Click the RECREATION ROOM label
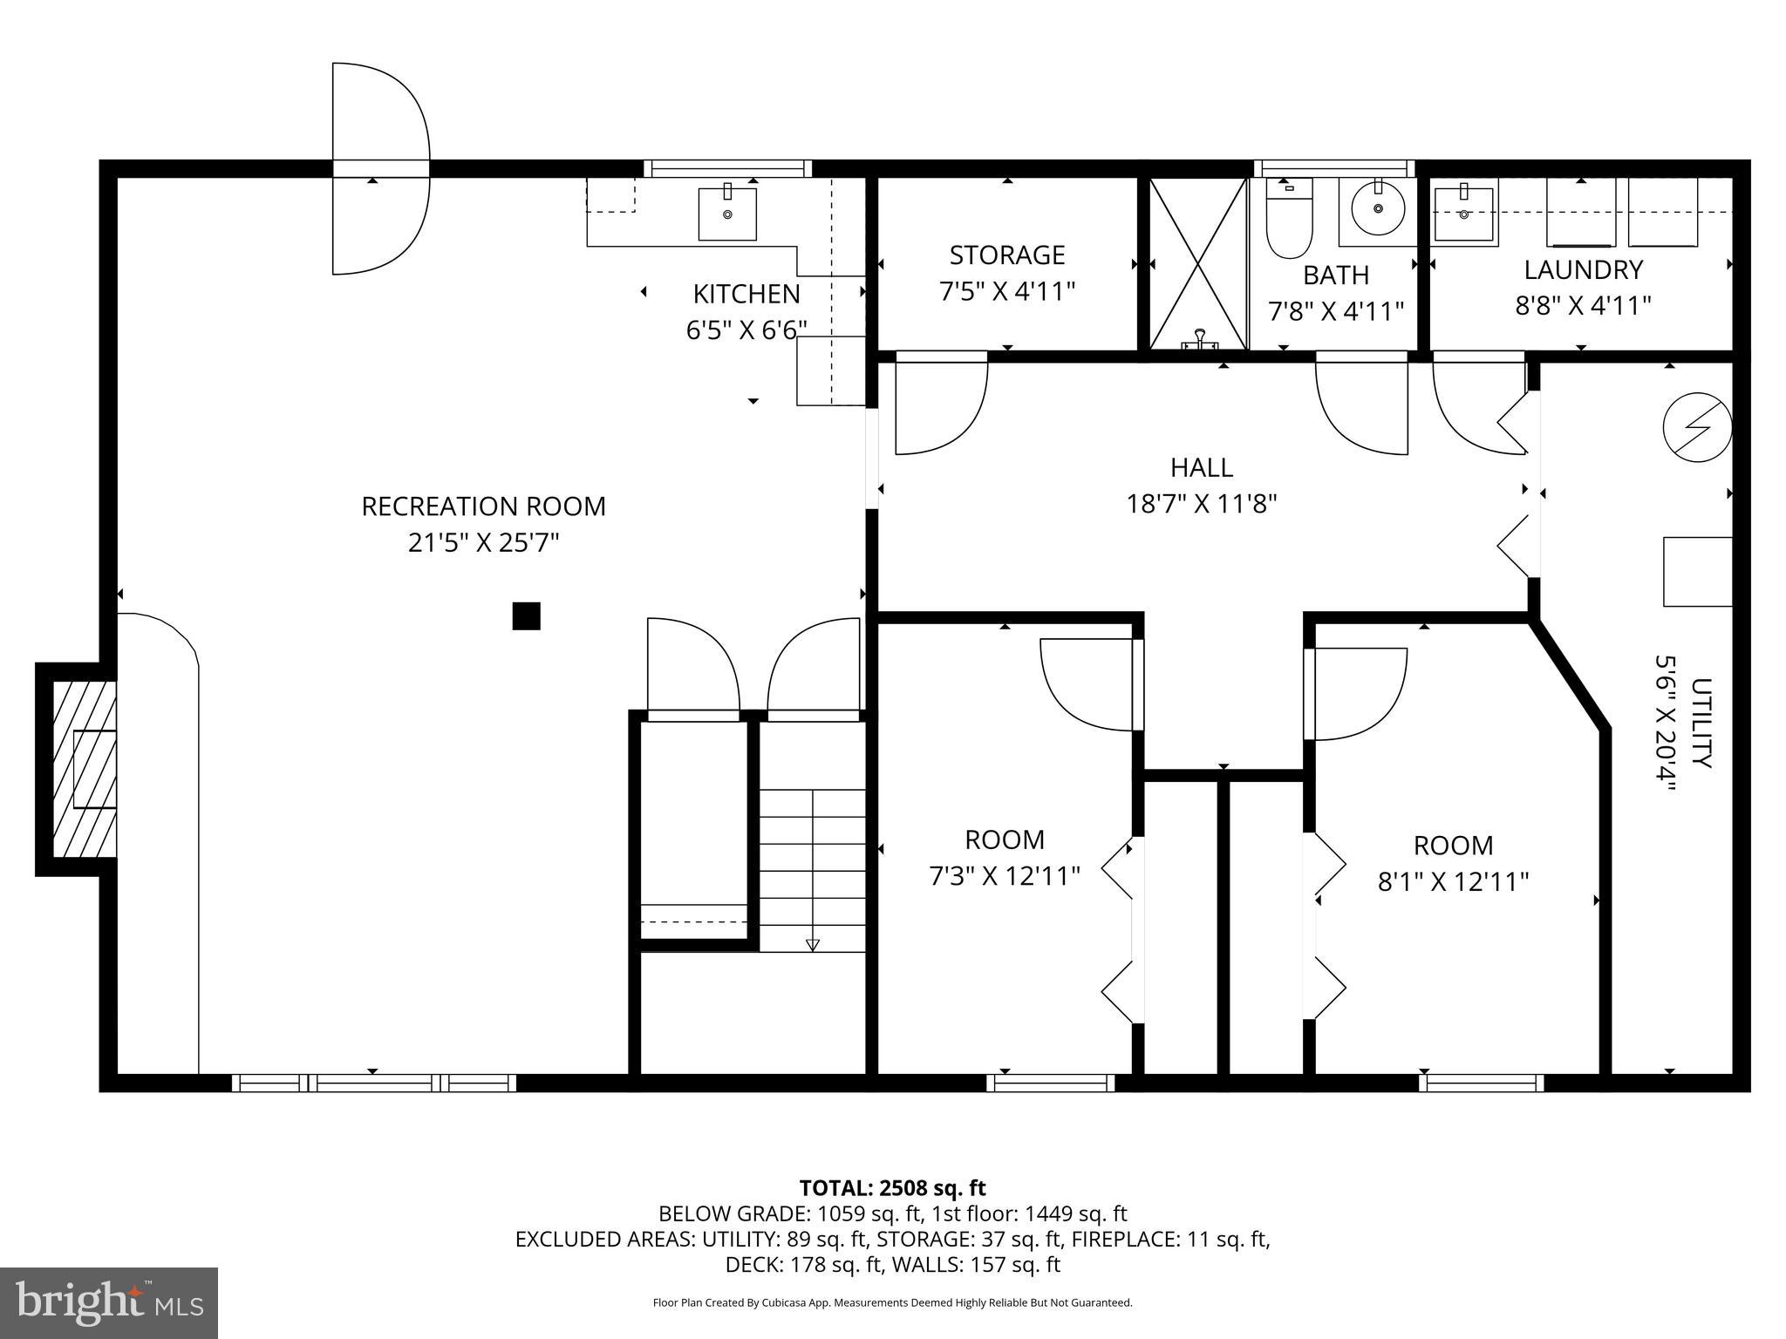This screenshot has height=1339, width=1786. point(483,506)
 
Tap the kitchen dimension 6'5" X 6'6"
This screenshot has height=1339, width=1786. point(746,330)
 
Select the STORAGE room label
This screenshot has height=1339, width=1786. point(1007,255)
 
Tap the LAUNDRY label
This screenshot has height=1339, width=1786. point(1583,269)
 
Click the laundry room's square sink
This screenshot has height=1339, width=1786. point(1464,214)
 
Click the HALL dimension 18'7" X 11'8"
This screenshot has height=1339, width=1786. point(1202,504)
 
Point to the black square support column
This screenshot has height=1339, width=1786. point(526,616)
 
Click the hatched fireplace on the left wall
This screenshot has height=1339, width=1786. point(85,769)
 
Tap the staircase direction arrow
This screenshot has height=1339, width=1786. point(813,944)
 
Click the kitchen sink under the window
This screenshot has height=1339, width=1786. point(727,214)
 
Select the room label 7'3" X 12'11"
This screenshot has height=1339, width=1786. point(1005,875)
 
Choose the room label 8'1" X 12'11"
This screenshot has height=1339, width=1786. point(1453,881)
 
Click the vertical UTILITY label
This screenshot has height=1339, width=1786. point(1701,724)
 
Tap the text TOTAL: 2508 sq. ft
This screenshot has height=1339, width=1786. point(892,1188)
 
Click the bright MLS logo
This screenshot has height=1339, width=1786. point(109,1302)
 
